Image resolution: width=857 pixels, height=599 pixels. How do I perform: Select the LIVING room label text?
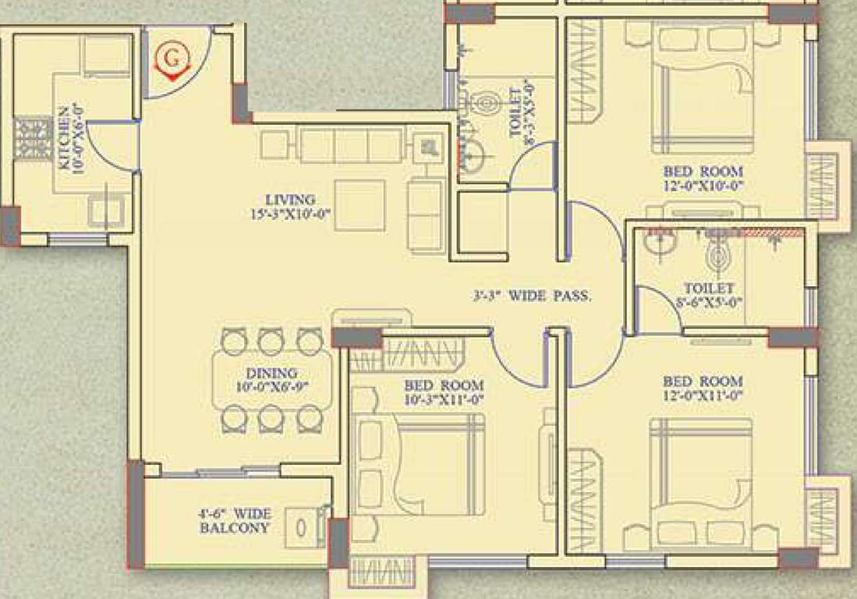289,206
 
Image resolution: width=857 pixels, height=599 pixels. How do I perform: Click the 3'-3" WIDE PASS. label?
532,296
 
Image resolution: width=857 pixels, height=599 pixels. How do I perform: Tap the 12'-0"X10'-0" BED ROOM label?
703,178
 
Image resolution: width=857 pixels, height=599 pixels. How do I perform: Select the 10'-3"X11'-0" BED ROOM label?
443,392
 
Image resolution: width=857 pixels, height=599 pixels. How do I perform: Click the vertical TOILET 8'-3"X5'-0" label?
520,109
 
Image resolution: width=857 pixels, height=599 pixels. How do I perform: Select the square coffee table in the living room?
359,205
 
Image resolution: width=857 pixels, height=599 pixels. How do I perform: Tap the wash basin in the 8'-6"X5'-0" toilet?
660,243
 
